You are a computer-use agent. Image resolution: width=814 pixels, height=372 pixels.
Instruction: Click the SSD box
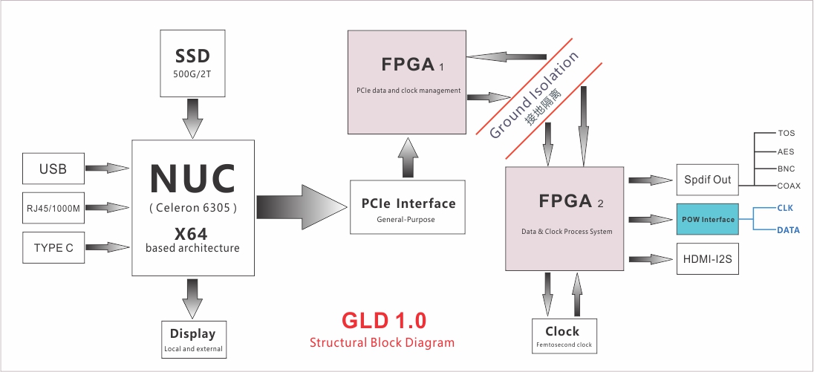click(192, 63)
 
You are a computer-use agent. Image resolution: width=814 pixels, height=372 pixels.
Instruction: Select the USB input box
click(53, 169)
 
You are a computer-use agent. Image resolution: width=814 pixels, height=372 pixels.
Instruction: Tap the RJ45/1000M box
click(53, 208)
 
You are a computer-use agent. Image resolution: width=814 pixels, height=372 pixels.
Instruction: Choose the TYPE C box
click(53, 247)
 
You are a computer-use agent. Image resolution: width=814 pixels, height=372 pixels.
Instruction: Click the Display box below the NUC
click(192, 339)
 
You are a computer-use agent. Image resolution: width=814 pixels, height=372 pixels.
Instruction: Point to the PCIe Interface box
click(408, 207)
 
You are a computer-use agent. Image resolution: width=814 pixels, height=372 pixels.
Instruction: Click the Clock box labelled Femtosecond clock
click(564, 336)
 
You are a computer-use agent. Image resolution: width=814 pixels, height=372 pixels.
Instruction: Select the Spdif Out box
click(707, 180)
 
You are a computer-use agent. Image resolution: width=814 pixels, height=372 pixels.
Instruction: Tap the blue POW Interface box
click(707, 220)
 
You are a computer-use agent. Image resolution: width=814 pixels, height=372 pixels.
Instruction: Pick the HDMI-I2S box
click(707, 258)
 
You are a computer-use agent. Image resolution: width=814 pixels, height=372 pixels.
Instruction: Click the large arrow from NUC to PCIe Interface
click(302, 207)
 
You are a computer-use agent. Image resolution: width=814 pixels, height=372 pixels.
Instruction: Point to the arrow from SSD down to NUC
click(192, 118)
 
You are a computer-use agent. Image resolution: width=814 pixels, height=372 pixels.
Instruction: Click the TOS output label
click(786, 134)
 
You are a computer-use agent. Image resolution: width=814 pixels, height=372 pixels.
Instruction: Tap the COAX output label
click(789, 186)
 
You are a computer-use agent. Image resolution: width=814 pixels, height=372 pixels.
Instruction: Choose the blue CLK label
click(785, 208)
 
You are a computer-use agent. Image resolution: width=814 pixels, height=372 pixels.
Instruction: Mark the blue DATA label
click(788, 230)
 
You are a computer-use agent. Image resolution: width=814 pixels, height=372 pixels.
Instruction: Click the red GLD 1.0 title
click(384, 320)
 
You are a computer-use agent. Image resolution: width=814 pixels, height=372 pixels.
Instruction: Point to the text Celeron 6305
click(193, 208)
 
